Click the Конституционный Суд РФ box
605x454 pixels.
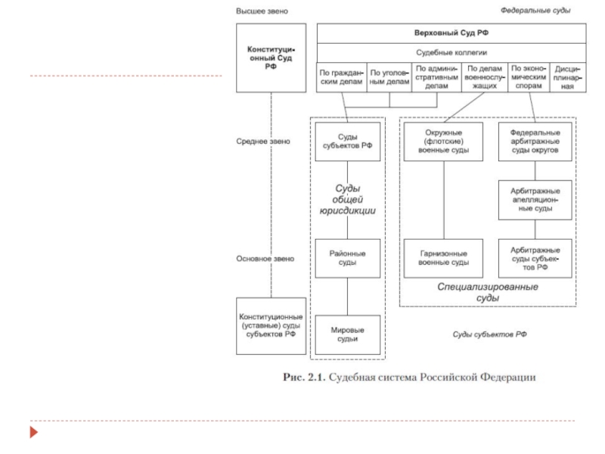pyautogui.click(x=271, y=58)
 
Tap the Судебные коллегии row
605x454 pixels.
pyautogui.click(x=451, y=53)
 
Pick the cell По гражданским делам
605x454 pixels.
pyautogui.click(x=342, y=77)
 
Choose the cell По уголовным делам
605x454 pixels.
pyautogui.click(x=390, y=77)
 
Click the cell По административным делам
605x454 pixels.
pyautogui.click(x=436, y=77)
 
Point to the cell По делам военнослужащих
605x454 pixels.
pyautogui.click(x=483, y=77)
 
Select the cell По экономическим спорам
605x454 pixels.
pyautogui.click(x=529, y=77)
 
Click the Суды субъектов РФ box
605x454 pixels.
pyautogui.click(x=348, y=141)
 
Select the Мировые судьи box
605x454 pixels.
pyautogui.click(x=348, y=334)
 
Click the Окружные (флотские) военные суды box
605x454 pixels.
pyautogui.click(x=443, y=141)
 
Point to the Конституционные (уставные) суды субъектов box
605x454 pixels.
pyautogui.click(x=271, y=325)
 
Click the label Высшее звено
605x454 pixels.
pyautogui.click(x=262, y=11)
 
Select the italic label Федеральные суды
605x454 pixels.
pyautogui.click(x=535, y=11)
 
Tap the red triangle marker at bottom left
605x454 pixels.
pyautogui.click(x=33, y=433)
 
